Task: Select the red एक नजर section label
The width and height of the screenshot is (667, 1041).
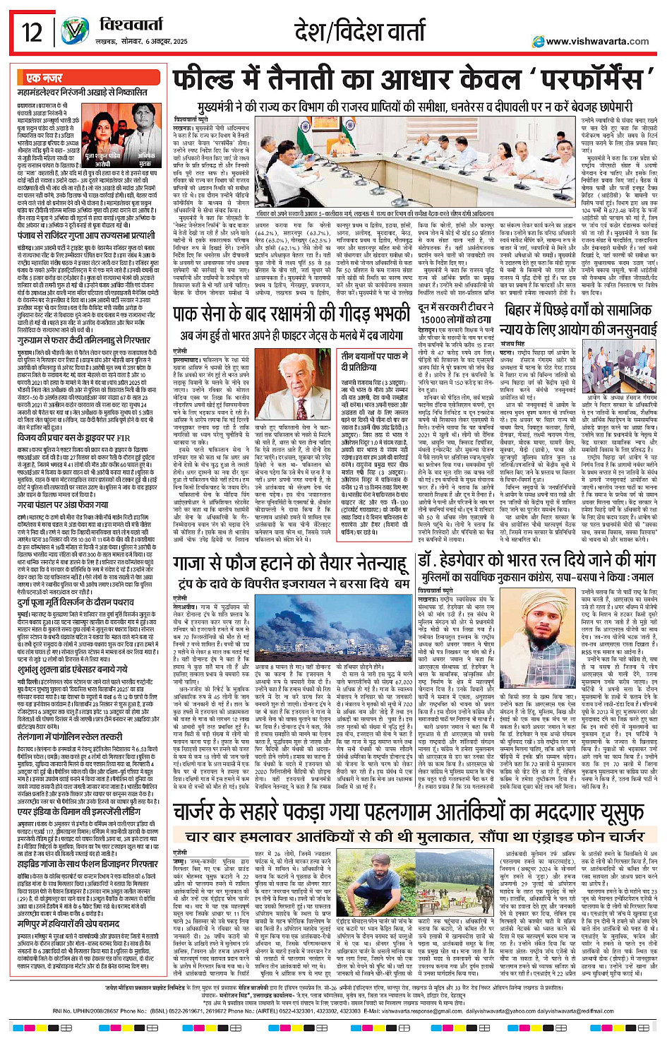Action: [x=44, y=78]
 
